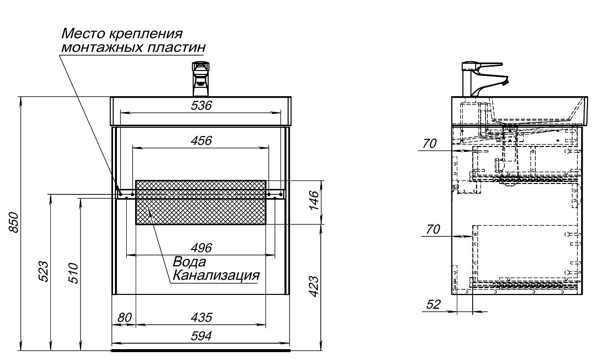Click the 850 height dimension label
click(14, 222)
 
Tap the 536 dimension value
click(201, 106)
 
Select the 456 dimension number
click(201, 141)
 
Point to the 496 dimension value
click(201, 248)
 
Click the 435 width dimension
click(201, 318)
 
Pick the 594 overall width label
click(201, 336)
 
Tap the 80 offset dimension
click(124, 318)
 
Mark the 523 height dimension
click(43, 272)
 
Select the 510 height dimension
click(74, 273)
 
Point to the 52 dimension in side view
click(434, 305)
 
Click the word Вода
click(189, 262)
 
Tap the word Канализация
click(216, 275)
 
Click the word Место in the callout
click(84, 34)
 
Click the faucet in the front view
click(201, 79)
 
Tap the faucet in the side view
click(485, 79)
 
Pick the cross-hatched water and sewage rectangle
click(201, 203)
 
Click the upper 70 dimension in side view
click(430, 144)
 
